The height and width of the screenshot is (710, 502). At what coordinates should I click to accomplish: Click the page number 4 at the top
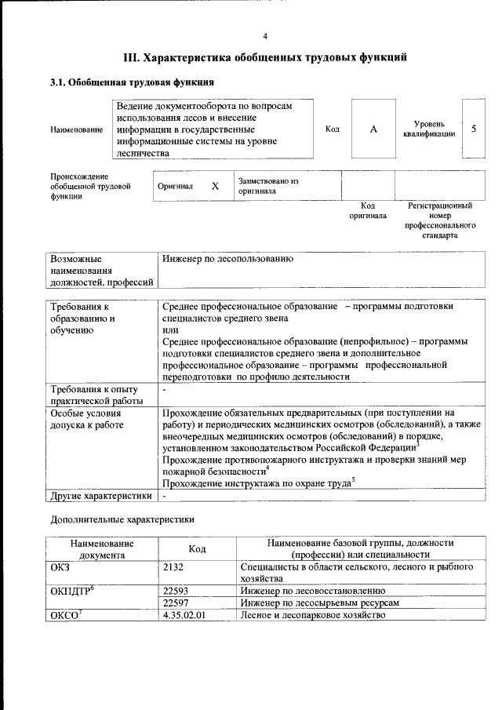coord(264,36)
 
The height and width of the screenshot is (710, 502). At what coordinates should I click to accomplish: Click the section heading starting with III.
coord(264,57)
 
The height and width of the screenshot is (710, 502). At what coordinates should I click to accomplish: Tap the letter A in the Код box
coord(374,129)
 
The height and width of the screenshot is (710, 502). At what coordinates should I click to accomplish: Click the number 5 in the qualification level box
coord(474,129)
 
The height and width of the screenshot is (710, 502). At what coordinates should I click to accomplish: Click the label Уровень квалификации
coord(429,129)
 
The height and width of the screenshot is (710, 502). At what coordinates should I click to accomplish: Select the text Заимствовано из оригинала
coord(268,186)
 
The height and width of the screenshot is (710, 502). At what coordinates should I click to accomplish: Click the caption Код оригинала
coord(368,210)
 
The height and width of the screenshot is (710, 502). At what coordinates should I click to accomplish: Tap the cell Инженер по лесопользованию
coord(227,258)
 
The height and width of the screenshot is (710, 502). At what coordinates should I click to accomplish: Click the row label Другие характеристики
coord(100,496)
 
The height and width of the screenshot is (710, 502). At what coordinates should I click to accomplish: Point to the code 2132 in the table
coord(176,566)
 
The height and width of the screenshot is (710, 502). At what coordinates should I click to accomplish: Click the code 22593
coord(178,589)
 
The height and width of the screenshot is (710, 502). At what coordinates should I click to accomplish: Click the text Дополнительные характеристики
coord(122,519)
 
